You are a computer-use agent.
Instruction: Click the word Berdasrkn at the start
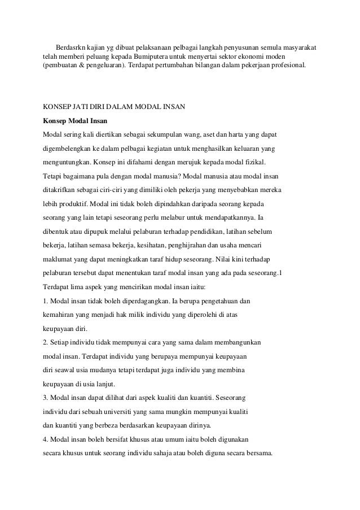[70, 47]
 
